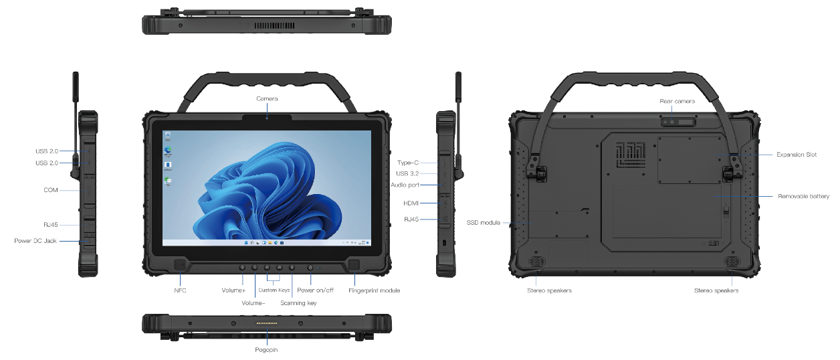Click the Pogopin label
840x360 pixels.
[266, 350]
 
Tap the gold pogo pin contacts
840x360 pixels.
[267, 323]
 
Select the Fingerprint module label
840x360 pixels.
[375, 290]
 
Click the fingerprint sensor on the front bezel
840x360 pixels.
[354, 264]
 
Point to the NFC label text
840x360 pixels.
[180, 290]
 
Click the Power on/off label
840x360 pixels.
[316, 290]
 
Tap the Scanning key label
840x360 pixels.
[298, 303]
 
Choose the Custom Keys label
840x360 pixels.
[274, 290]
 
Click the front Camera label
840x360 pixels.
[267, 99]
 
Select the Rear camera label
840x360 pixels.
[677, 101]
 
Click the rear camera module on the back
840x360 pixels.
[678, 122]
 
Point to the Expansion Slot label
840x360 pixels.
[797, 155]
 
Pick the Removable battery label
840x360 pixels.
[804, 196]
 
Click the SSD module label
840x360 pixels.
[484, 223]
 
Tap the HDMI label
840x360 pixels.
[411, 203]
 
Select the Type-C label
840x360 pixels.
[408, 163]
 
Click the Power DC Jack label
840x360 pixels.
[35, 241]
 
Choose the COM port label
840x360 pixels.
[51, 190]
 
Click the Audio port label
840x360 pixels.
[405, 185]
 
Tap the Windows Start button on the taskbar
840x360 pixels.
[246, 243]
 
